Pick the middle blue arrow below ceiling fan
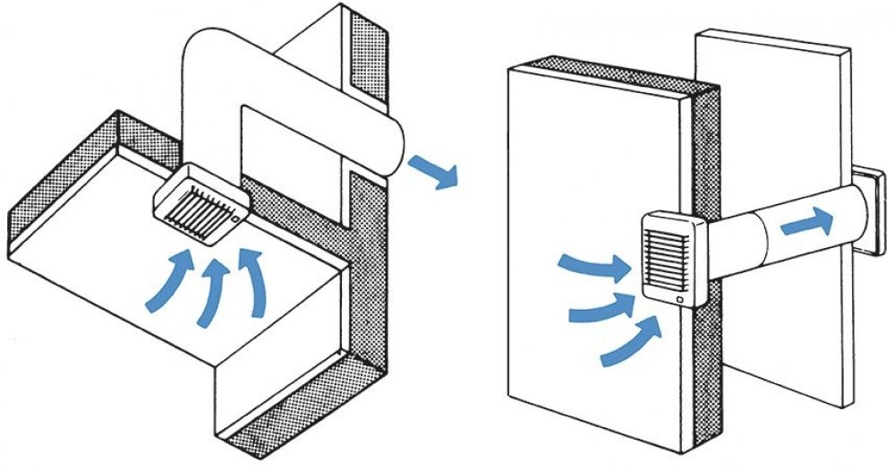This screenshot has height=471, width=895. (213, 287)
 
